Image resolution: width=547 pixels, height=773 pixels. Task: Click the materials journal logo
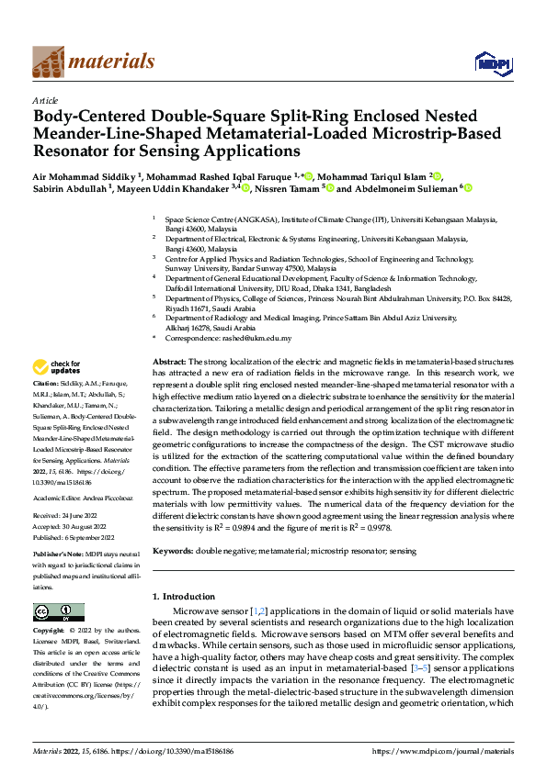pos(93,62)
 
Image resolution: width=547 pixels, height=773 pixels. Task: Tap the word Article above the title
pos(44,99)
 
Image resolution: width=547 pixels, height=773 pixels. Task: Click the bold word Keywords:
pos(173,551)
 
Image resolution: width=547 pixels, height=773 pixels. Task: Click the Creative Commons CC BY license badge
pos(59,611)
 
